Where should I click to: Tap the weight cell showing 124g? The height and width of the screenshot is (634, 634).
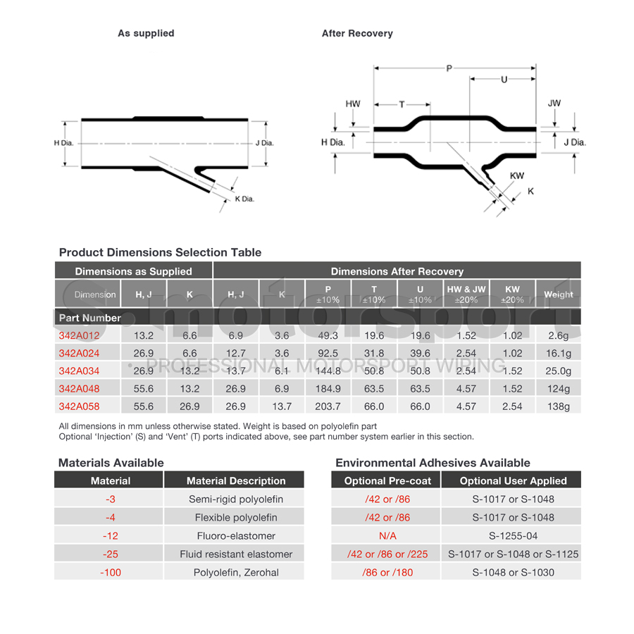point(558,389)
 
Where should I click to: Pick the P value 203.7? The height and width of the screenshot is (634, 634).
point(328,406)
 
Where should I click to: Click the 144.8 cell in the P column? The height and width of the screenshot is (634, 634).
point(328,371)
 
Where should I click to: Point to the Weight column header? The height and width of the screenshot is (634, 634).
point(558,294)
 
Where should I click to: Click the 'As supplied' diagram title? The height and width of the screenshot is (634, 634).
point(146,33)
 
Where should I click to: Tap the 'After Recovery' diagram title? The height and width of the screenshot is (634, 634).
point(357,33)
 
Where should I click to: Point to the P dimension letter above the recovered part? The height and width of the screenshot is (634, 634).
point(449,68)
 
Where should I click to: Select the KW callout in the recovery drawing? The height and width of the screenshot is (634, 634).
point(517,175)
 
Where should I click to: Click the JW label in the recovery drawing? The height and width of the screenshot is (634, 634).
point(554,104)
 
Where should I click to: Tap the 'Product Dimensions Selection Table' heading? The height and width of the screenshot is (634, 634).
point(160,252)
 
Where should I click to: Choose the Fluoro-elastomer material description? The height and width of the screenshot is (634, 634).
point(236,535)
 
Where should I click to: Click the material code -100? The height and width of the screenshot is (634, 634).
point(111,572)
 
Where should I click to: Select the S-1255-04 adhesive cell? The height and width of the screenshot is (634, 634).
point(512,535)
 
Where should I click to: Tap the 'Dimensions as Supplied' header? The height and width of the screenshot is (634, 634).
point(133,271)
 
